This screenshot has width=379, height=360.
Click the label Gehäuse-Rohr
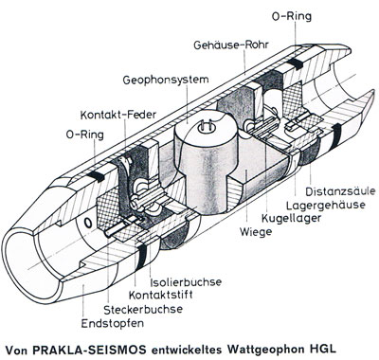(x=231, y=45)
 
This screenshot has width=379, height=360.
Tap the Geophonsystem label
(x=166, y=80)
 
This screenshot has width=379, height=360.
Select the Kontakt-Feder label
(x=118, y=115)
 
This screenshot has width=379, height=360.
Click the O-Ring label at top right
(x=292, y=16)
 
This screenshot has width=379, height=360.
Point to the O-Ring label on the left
(x=85, y=135)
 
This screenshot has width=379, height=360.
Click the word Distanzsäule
(x=340, y=191)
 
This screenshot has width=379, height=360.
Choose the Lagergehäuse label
(x=326, y=205)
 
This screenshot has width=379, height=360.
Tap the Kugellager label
(x=291, y=218)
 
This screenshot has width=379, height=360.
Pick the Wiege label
(x=256, y=232)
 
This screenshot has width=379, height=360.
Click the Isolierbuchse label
(x=186, y=281)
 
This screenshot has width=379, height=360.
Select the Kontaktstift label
(x=160, y=295)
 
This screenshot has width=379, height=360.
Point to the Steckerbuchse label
(x=143, y=309)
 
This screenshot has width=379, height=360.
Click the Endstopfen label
(x=113, y=323)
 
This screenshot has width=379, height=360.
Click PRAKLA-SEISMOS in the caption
(x=90, y=350)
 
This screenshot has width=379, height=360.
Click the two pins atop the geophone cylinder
(x=207, y=128)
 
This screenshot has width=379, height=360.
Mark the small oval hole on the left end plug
(x=89, y=224)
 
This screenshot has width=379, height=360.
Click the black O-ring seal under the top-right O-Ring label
(x=296, y=63)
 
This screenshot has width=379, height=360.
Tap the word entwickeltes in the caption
(x=187, y=350)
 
